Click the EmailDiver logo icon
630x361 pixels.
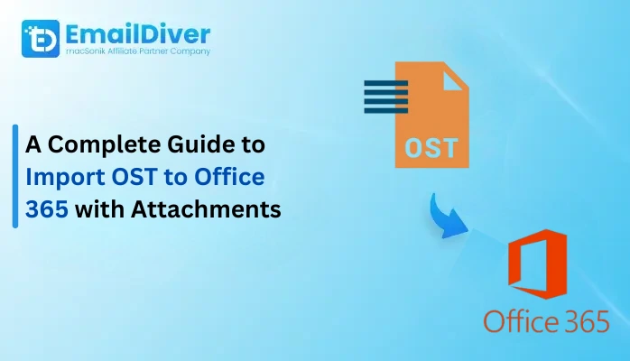[x=38, y=38]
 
